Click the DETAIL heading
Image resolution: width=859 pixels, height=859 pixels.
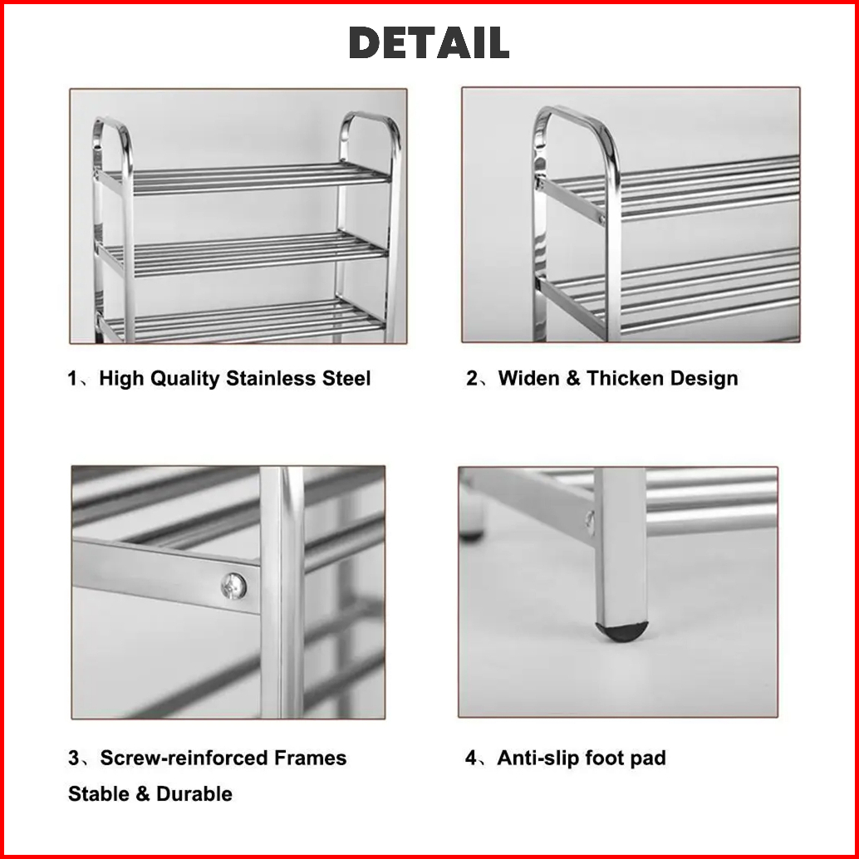click(429, 42)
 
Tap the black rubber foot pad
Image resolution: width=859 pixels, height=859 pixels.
click(621, 631)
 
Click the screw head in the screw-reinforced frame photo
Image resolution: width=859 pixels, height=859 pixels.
click(233, 587)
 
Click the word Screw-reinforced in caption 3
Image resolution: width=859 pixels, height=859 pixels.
click(184, 758)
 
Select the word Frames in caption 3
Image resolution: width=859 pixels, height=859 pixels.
click(311, 758)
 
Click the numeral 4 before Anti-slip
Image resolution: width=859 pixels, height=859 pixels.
click(471, 758)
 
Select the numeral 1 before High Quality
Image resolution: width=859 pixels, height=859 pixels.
click(72, 379)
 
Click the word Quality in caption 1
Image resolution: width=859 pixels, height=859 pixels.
click(184, 379)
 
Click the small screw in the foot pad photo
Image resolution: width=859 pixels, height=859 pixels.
click(590, 521)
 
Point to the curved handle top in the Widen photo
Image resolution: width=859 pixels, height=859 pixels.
click(571, 115)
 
